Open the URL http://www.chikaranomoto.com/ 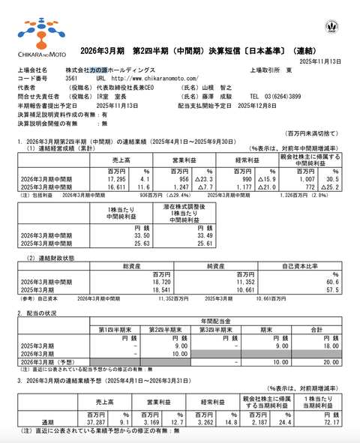coord(154,78)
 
